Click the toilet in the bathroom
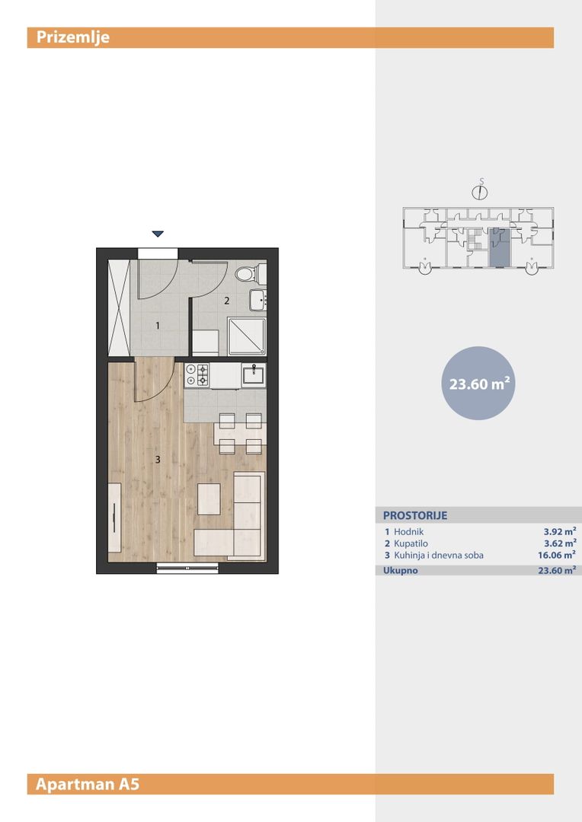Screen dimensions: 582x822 [251, 274]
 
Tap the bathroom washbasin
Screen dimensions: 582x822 [257, 299]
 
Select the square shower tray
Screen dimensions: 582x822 [247, 336]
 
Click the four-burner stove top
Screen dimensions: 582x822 [197, 374]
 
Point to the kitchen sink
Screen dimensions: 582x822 [254, 374]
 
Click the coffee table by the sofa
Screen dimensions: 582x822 [209, 499]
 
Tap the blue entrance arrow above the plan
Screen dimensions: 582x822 [158, 234]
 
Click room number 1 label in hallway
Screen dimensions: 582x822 [158, 326]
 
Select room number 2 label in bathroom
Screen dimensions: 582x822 [227, 301]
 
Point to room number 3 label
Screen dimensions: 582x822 [158, 460]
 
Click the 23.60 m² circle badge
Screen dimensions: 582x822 [478, 383]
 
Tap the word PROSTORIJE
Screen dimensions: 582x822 [415, 515]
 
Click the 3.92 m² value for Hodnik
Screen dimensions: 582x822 [560, 531]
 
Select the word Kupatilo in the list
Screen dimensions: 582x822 [411, 543]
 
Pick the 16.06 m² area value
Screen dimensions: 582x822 [557, 555]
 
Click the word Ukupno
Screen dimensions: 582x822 [401, 570]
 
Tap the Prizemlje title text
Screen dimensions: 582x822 [73, 37]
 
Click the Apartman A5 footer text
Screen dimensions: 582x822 [88, 784]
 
